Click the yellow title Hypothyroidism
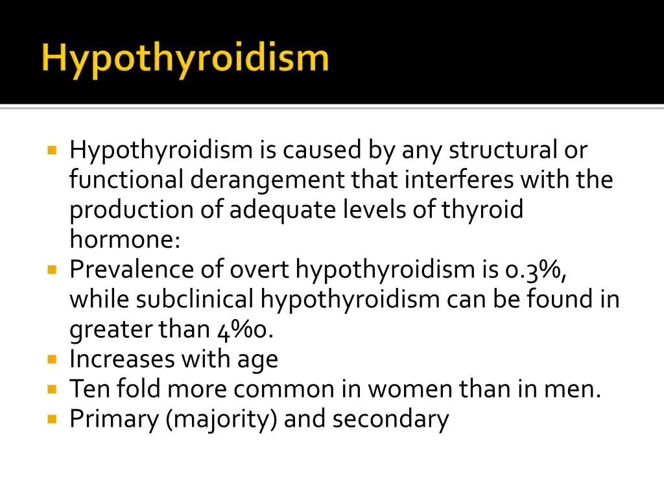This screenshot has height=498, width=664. coord(185,59)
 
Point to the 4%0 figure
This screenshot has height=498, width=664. coord(244,329)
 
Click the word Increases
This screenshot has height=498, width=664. coord(123,359)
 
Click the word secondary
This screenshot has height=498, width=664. coord(390,419)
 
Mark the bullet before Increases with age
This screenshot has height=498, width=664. coord(53,359)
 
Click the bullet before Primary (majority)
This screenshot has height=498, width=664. coord(53,419)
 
